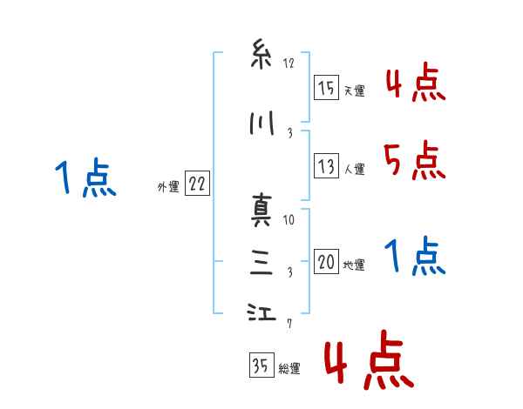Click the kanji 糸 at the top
260,56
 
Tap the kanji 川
260,124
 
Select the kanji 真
260,211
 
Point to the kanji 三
260,263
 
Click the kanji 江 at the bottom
260,314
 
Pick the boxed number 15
326,89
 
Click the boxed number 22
197,184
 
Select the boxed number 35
260,366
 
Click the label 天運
354,91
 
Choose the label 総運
289,368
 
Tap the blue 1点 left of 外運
85,179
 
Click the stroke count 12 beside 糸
289,63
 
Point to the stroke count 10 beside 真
289,219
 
